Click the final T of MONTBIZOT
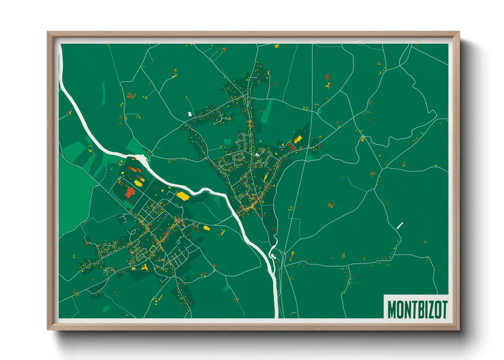pyautogui.click(x=444, y=309)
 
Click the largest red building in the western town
pyautogui.click(x=130, y=192)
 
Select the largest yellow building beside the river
pyautogui.click(x=183, y=196)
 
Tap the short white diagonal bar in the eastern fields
pyautogui.click(x=400, y=225)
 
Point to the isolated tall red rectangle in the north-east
pyautogui.click(x=328, y=77)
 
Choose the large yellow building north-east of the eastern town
pyautogui.click(x=298, y=139)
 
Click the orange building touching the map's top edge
pyautogui.click(x=277, y=45)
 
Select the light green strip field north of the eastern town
pyautogui.click(x=267, y=112)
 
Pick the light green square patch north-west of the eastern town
pyautogui.click(x=227, y=142)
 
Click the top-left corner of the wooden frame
pyautogui.click(x=48, y=32)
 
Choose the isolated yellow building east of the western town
pyautogui.click(x=207, y=228)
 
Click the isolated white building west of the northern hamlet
pyautogui.click(x=190, y=114)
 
